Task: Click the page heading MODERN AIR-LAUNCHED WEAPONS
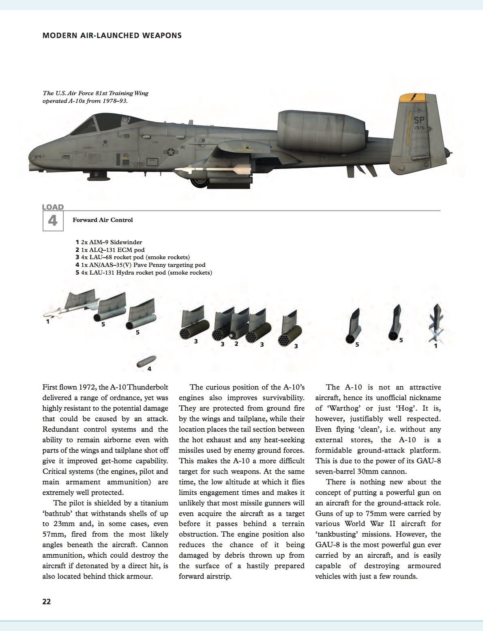[112, 36]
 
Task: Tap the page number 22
[47, 601]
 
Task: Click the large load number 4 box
[53, 221]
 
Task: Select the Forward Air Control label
[103, 220]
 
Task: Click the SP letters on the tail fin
[419, 120]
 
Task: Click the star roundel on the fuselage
[171, 152]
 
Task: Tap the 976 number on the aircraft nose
[38, 157]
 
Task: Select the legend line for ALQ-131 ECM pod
[110, 250]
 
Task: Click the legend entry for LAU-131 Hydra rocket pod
[144, 273]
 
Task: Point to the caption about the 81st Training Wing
[95, 97]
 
